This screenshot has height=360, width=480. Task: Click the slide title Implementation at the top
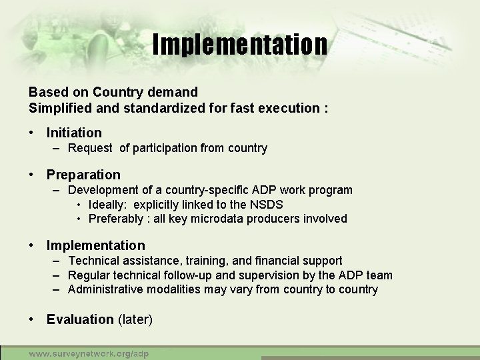pyautogui.click(x=240, y=45)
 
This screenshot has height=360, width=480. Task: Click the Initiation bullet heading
pyautogui.click(x=74, y=133)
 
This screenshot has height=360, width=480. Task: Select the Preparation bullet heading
pyautogui.click(x=83, y=175)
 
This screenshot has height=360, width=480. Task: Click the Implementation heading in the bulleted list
pyautogui.click(x=95, y=245)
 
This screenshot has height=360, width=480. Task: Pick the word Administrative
pyautogui.click(x=104, y=289)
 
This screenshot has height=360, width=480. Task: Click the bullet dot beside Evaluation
pyautogui.click(x=32, y=319)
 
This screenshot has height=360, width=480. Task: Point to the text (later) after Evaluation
pyautogui.click(x=135, y=319)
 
